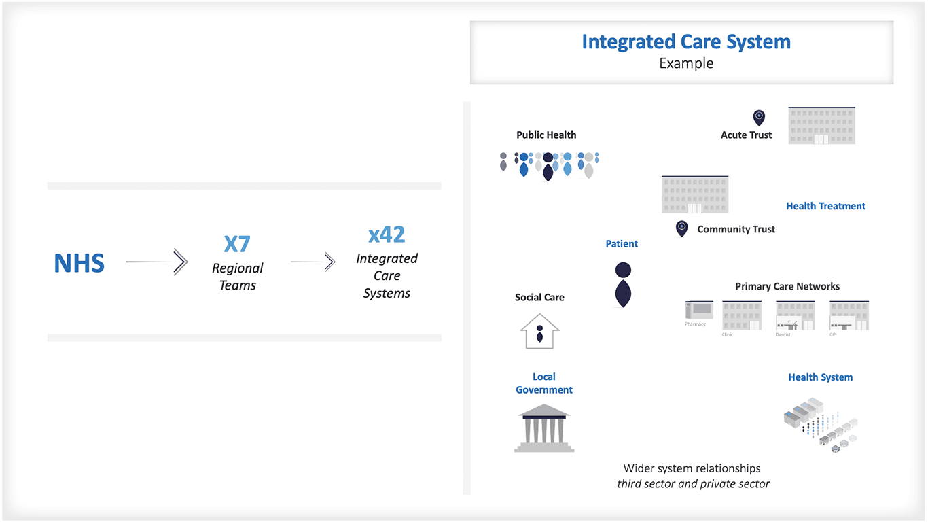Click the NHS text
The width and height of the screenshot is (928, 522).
click(79, 263)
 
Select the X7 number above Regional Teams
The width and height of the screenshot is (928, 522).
click(237, 243)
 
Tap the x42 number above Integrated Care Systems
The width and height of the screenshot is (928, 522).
click(387, 234)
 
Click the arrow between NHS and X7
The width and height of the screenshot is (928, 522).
click(157, 262)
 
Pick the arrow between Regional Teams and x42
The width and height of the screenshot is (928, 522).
click(313, 262)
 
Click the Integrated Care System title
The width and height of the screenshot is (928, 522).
click(686, 41)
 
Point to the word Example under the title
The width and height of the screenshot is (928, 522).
click(686, 63)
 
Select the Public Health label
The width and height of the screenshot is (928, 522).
click(546, 135)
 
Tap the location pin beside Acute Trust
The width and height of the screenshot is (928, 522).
click(759, 118)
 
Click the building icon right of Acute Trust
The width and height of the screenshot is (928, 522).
click(821, 126)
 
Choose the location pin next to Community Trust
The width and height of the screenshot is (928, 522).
click(681, 228)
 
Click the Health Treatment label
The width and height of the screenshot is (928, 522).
click(825, 206)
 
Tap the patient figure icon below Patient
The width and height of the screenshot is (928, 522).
click(623, 285)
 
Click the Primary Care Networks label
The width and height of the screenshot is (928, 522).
click(787, 286)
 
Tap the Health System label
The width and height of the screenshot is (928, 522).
click(820, 377)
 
